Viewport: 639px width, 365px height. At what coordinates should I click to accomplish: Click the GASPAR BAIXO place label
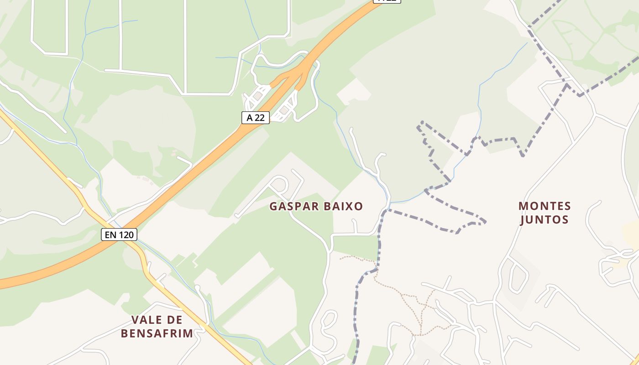coord(316,206)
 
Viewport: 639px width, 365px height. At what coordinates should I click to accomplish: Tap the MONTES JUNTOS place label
coord(545,213)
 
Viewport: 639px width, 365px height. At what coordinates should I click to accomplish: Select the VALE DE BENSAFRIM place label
coord(157,326)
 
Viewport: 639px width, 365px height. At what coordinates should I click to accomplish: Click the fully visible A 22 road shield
coord(256,117)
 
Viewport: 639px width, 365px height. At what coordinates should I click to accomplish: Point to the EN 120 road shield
coord(119,235)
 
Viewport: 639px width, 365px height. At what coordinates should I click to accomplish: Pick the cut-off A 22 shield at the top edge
coord(387,1)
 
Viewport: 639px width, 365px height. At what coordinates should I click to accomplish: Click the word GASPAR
coord(294,206)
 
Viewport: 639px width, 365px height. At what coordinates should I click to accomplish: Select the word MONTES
coord(545,206)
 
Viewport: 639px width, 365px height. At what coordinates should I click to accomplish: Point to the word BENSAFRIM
coord(157,333)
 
